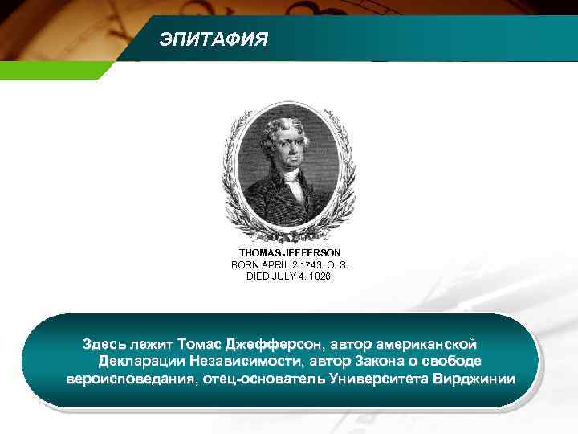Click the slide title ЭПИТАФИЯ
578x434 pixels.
pos(214,39)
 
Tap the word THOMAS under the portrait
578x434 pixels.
pos(257,252)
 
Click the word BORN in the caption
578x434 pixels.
pos(245,264)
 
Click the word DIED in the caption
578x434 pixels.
pos(258,276)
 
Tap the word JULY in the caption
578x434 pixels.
pos(285,276)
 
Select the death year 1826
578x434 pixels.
pos(320,276)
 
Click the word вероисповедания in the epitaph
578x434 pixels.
pos(128,379)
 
